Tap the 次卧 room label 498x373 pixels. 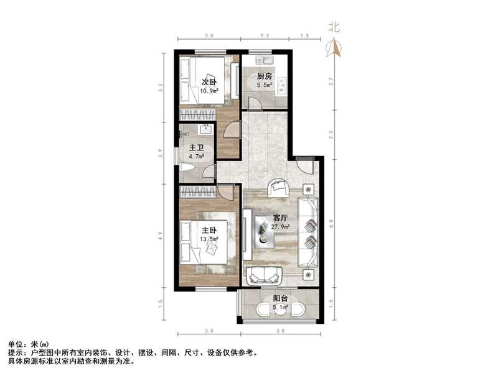[209, 82]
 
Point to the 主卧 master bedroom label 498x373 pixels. [209, 230]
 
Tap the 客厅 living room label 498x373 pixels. [281, 218]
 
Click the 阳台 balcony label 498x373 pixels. [280, 298]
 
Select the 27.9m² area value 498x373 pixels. [281, 227]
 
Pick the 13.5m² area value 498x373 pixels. [209, 239]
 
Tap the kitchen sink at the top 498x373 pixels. [265, 60]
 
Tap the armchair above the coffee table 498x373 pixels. [278, 187]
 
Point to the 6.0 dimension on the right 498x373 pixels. [332, 221]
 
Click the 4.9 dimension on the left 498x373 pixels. [161, 236]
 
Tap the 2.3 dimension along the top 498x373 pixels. [265, 37]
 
